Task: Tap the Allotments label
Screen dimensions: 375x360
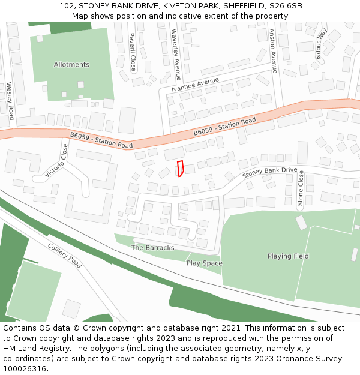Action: click(71, 65)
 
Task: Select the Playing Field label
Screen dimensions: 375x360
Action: click(288, 256)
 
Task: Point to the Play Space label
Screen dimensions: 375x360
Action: click(204, 263)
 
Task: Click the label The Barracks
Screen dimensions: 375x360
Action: click(152, 248)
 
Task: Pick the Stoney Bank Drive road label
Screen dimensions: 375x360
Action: click(269, 173)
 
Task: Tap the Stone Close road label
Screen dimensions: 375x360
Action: click(301, 188)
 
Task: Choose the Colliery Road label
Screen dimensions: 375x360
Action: click(64, 255)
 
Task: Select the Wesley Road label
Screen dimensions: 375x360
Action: click(10, 101)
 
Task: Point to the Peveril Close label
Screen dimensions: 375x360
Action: click(133, 52)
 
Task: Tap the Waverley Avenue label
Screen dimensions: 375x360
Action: click(175, 55)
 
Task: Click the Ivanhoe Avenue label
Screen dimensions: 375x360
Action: click(195, 84)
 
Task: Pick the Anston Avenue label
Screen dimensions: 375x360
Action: click(274, 51)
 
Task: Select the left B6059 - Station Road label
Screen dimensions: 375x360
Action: click(101, 141)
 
